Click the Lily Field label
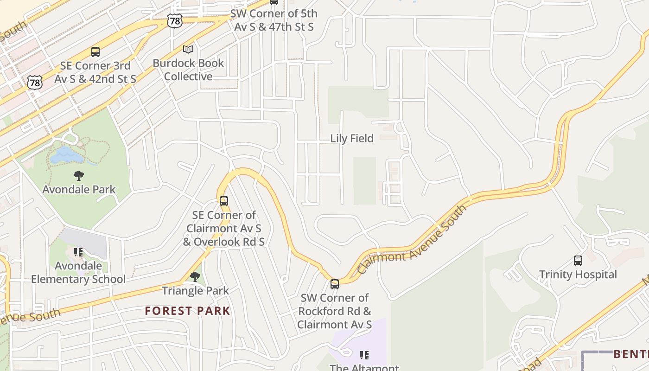[351, 138]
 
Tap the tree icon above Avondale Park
[79, 176]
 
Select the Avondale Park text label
[79, 189]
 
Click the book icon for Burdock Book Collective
[188, 49]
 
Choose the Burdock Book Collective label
[188, 70]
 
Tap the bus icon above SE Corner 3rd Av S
[95, 51]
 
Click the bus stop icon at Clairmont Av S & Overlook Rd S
[224, 201]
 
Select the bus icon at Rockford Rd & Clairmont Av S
[335, 284]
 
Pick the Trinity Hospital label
[578, 275]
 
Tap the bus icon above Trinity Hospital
[578, 261]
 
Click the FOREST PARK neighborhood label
[187, 311]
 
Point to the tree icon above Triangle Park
[195, 277]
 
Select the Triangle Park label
[195, 291]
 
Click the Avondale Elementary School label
[78, 272]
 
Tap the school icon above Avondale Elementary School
[78, 252]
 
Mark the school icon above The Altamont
[364, 355]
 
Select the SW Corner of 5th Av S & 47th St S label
[274, 20]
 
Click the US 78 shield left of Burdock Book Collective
[175, 20]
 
